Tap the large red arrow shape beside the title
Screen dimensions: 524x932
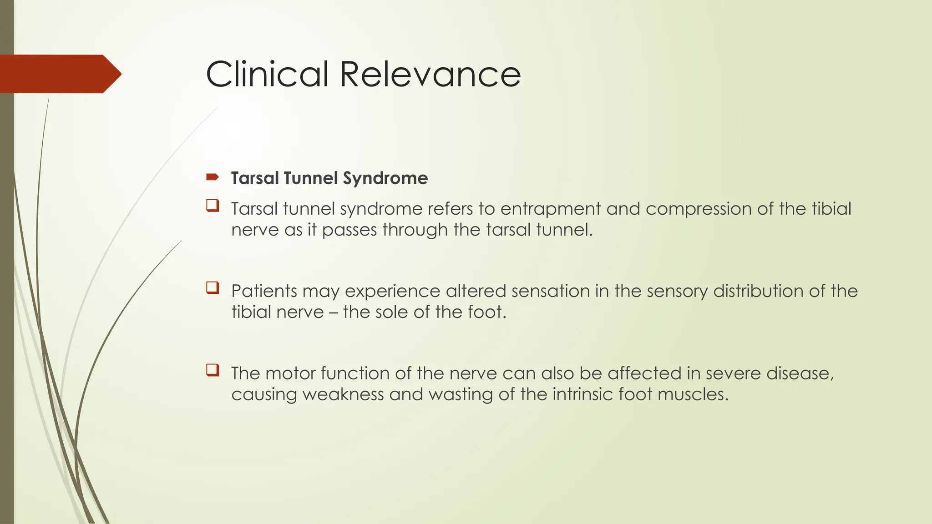click(x=59, y=74)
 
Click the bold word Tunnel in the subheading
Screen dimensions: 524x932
click(x=310, y=178)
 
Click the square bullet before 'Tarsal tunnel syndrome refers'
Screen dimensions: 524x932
click(x=213, y=206)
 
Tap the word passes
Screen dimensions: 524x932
click(x=349, y=230)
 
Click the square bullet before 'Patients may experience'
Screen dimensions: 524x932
click(x=213, y=288)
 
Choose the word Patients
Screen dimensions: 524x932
click(x=264, y=291)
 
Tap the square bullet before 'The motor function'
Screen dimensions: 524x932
click(x=213, y=370)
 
